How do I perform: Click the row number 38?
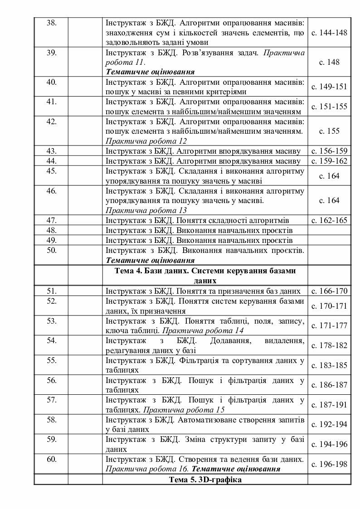[51, 23]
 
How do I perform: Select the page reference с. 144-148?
[329, 33]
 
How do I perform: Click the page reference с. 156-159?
[329, 151]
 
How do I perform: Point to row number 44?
[51, 161]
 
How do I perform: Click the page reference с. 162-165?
[329, 220]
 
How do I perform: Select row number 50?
[51, 250]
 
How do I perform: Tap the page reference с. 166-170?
[329, 291]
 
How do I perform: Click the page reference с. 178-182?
[329, 345]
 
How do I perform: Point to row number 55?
[51, 360]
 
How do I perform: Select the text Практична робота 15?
[184, 410]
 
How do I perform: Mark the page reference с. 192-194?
[329, 424]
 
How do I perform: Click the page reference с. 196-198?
[329, 464]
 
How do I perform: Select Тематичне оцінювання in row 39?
[150, 72]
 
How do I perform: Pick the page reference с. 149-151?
[329, 87]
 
